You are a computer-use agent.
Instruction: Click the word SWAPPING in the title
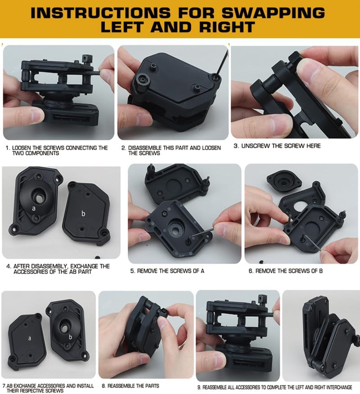[x=276, y=12]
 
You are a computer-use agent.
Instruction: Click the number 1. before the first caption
[x=8, y=148]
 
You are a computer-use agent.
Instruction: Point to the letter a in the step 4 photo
[x=34, y=208]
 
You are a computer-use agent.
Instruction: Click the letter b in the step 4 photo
[x=83, y=214]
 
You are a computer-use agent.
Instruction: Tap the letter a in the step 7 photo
[x=30, y=337]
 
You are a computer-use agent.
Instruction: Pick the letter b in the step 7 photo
[x=70, y=337]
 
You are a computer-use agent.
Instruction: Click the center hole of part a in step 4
[x=38, y=197]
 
